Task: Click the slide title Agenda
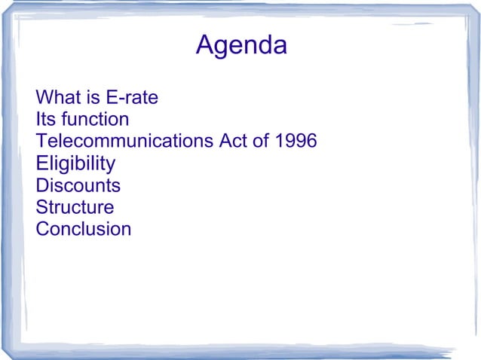[x=241, y=46]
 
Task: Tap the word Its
[x=46, y=119]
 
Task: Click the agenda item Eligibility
[x=75, y=163]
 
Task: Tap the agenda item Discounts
[x=78, y=185]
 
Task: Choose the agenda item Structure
[x=75, y=207]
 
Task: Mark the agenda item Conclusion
[x=83, y=229]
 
